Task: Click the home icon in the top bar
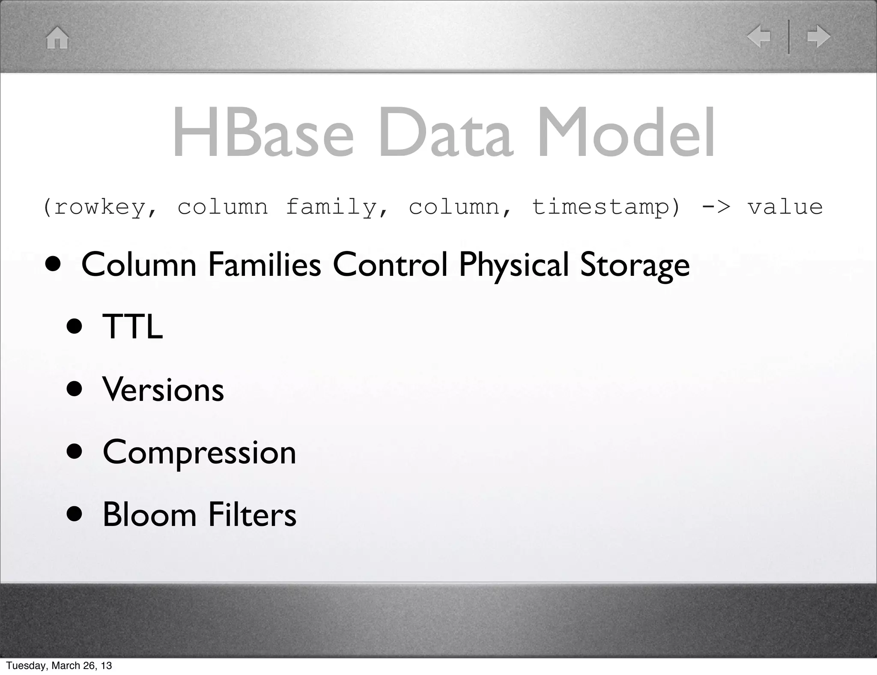[x=57, y=38]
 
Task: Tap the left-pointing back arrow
[x=759, y=36]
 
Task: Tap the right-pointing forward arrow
[x=818, y=36]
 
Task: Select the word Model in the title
[x=626, y=133]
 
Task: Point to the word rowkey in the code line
[x=100, y=207]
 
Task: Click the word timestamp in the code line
[x=600, y=207]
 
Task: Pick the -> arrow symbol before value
[x=716, y=207]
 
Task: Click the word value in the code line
[x=785, y=207]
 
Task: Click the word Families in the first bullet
[x=264, y=264]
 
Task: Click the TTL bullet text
[x=132, y=327]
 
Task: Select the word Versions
[x=163, y=390]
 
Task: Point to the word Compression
[x=199, y=453]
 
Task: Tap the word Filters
[x=252, y=514]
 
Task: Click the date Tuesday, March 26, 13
[x=59, y=666]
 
